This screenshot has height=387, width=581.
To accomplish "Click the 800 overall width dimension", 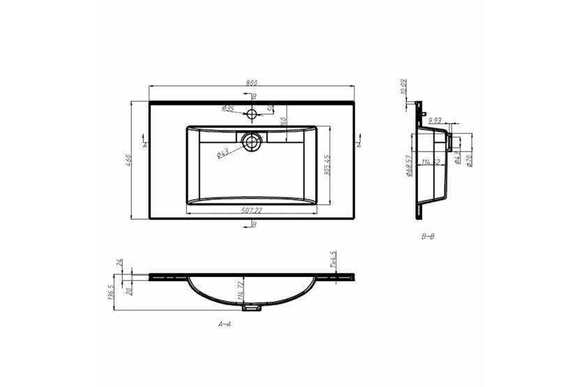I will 250,83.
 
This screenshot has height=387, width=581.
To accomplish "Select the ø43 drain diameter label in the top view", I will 223,153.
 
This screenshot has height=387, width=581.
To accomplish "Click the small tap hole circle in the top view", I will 251,111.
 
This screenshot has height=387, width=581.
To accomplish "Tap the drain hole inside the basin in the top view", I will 251,143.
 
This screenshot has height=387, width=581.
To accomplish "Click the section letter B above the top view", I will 255,96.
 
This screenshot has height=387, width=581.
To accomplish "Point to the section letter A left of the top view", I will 144,145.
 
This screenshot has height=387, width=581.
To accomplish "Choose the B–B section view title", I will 428,236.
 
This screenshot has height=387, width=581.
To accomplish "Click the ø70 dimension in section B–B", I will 469,160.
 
